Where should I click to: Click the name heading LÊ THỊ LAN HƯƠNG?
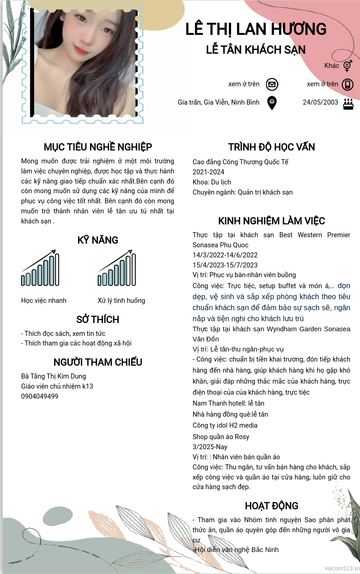tap(256, 29)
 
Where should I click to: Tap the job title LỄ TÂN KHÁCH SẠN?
tap(256, 50)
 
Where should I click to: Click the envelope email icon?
tap(272, 84)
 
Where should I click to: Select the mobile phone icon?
tap(348, 84)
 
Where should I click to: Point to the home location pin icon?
tap(272, 103)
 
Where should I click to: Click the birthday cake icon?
tap(348, 103)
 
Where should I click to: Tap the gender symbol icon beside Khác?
tap(348, 66)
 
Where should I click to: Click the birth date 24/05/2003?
tap(320, 102)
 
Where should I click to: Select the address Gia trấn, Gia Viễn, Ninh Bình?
tap(219, 102)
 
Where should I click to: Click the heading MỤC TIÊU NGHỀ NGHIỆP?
tap(98, 147)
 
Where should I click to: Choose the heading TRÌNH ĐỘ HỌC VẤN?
tap(271, 147)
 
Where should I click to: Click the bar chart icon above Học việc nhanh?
tap(40, 268)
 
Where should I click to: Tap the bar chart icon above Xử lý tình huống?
tap(117, 268)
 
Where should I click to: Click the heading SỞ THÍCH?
tap(98, 319)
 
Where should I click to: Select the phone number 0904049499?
tap(39, 396)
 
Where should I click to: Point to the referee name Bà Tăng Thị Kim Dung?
tap(54, 376)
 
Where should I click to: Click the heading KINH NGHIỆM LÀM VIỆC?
tap(271, 221)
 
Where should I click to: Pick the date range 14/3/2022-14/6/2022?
tap(225, 255)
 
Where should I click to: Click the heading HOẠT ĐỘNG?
tap(271, 506)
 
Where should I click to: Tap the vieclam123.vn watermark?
tap(341, 568)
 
